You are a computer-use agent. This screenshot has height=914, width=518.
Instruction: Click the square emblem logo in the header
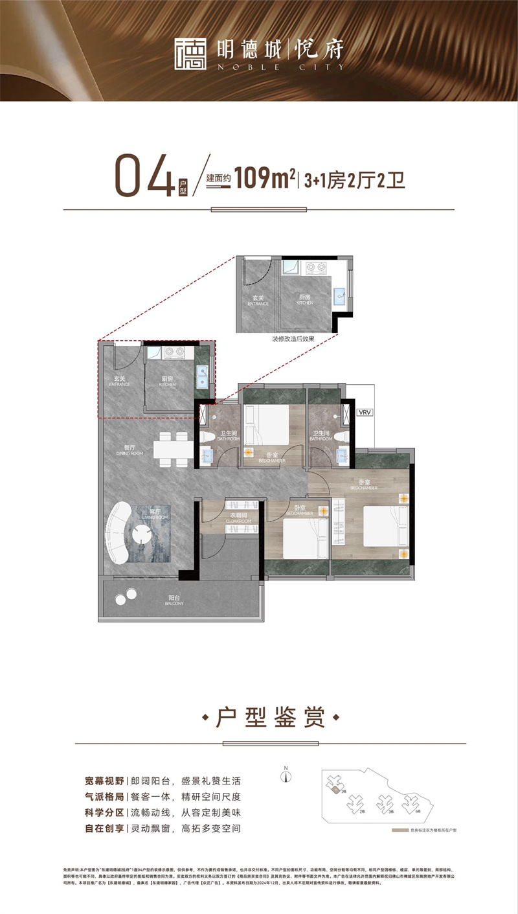[x=190, y=52]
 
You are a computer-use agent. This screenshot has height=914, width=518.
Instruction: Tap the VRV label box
[x=365, y=411]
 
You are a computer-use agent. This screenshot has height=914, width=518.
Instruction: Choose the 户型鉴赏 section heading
[x=271, y=718]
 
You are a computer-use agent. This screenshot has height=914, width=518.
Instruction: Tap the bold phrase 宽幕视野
[x=103, y=781]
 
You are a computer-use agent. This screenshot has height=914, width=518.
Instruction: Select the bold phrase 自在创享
[x=103, y=828]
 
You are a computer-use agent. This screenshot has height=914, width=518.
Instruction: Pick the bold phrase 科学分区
[x=103, y=812]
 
